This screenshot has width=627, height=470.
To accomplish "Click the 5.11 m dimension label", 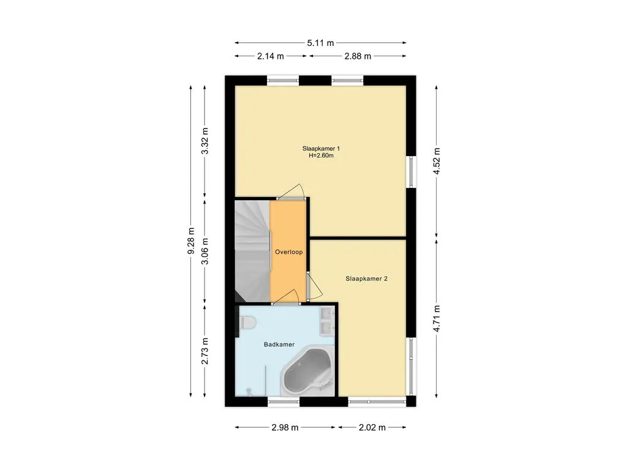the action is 320,43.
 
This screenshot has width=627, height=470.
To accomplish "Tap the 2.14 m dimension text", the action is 270,56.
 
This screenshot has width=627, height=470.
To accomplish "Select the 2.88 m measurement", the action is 358,56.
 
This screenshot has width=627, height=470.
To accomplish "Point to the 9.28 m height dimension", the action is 191,241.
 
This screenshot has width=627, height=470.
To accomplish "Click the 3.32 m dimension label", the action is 205,141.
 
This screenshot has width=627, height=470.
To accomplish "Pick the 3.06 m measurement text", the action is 205,252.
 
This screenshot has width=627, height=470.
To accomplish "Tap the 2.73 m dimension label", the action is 205,351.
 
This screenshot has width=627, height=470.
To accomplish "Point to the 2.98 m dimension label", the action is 285,428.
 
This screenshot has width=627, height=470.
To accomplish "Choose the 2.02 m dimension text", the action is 372,428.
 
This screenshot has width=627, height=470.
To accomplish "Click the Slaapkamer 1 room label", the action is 321,149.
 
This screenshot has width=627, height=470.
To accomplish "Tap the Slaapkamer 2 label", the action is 366,279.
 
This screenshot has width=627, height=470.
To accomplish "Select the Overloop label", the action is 289,252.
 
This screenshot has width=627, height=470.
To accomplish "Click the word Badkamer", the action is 279,345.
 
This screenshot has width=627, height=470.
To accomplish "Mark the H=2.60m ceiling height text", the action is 321,155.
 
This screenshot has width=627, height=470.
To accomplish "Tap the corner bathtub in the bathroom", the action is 308,371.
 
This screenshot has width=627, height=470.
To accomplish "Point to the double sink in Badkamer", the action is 327,321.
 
